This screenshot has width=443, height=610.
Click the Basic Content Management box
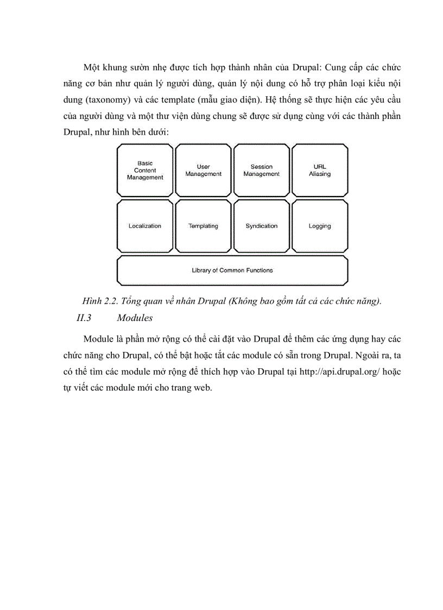coord(145,170)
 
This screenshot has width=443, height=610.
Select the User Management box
coord(203,170)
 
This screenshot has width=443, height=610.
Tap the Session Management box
coord(261,170)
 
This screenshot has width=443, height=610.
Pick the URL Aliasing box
coord(320,170)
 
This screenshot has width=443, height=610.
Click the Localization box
coord(145,226)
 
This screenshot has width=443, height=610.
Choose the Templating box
coord(203,226)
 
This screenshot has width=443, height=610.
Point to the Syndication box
coord(261,226)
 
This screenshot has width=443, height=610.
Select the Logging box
coord(320,226)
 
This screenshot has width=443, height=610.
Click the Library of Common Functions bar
coord(232,271)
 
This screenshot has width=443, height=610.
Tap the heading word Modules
coord(135,318)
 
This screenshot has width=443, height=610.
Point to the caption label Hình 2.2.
coord(100,302)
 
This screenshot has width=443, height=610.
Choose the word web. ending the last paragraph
coord(198,389)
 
